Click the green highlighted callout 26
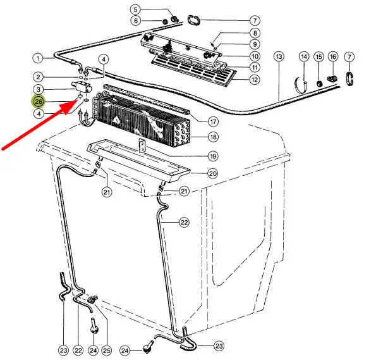[39, 102]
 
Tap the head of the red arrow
[76, 102]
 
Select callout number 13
[279, 57]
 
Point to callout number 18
[213, 137]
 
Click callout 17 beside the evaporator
[213, 121]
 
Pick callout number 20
[213, 173]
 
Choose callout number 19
[213, 156]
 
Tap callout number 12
[255, 79]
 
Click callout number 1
[38, 58]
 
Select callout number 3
[39, 90]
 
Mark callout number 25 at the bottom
[106, 351]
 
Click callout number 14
[304, 57]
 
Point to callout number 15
[318, 57]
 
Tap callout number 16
[333, 57]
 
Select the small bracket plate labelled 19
[142, 146]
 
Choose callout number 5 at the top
[135, 9]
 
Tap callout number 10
[255, 56]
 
